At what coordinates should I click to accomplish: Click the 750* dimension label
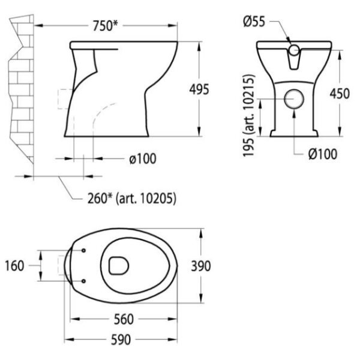(x=106, y=25)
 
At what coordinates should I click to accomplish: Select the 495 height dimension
(x=199, y=89)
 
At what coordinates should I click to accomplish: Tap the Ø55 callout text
(x=254, y=22)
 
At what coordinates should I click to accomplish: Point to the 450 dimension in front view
(x=340, y=94)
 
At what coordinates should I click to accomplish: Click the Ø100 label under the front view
(x=323, y=154)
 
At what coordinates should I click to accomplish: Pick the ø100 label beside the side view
(x=143, y=158)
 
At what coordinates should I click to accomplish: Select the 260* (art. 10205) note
(x=132, y=199)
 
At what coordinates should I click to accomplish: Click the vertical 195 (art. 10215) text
(x=249, y=115)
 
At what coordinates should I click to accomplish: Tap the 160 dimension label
(x=14, y=266)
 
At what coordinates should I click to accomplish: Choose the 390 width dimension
(x=200, y=266)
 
